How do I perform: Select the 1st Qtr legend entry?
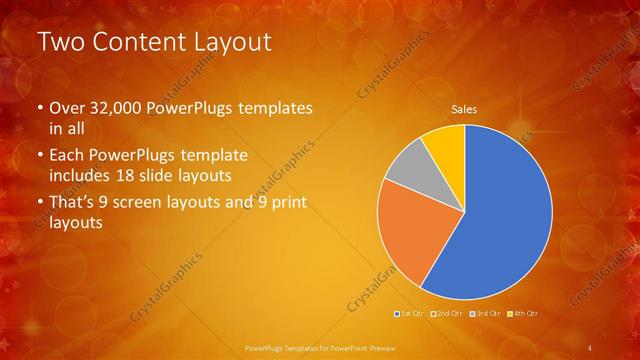tap(411, 314)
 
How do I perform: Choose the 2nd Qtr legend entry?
tap(446, 314)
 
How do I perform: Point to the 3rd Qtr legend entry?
tap(486, 314)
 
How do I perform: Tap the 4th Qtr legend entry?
tap(525, 314)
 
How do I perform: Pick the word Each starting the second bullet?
tap(67, 156)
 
